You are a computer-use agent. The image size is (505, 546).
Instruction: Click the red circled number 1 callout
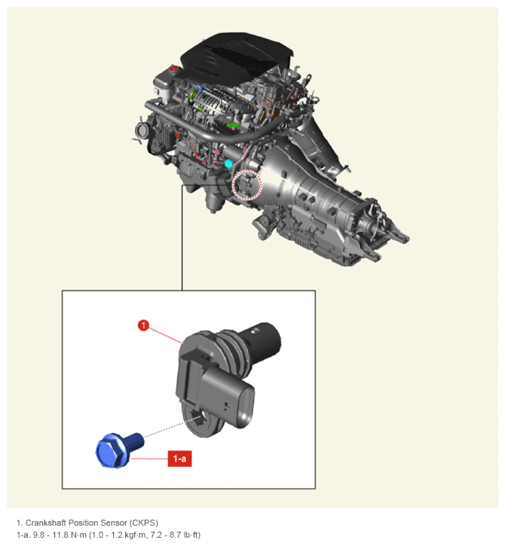tap(143, 325)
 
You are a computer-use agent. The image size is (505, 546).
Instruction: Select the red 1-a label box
tap(179, 459)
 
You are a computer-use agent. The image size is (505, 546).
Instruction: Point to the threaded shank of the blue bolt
tap(135, 441)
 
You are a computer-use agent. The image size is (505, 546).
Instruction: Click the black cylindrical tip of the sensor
tap(266, 340)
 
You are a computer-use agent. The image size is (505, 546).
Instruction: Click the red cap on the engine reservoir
tap(173, 68)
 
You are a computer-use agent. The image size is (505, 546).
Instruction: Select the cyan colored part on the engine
tap(229, 163)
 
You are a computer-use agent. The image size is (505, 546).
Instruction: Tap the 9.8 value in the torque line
tap(38, 535)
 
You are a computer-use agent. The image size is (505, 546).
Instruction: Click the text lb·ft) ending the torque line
tap(191, 535)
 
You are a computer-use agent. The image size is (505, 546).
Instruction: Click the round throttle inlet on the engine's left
tap(142, 130)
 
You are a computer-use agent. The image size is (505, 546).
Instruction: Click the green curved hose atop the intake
tap(234, 124)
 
